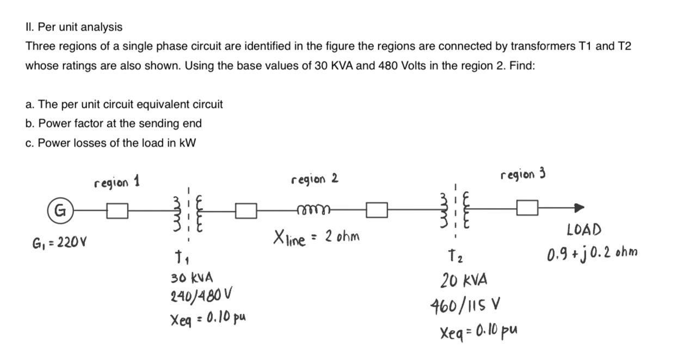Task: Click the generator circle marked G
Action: point(58,209)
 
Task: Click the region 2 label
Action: point(315,179)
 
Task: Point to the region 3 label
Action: point(523,174)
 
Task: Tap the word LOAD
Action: point(583,230)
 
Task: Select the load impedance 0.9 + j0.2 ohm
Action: point(593,253)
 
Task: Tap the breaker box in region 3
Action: point(528,208)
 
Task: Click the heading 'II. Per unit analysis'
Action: point(74,27)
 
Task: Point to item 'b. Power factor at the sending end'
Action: point(113,124)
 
